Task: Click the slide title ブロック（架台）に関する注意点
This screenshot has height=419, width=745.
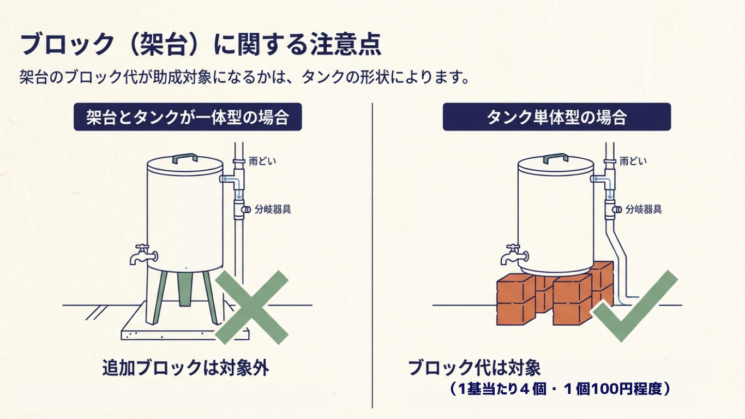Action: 200,45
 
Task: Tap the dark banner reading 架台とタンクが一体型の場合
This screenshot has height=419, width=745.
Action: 188,117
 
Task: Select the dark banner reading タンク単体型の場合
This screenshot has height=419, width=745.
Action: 556,117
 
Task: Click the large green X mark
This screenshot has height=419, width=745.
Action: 251,307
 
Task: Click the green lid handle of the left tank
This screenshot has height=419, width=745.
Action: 185,158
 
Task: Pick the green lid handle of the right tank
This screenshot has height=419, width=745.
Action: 556,158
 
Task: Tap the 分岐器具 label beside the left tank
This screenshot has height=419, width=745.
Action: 273,209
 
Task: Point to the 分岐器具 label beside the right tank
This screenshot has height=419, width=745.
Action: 644,209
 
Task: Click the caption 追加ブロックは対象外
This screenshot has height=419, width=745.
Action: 185,368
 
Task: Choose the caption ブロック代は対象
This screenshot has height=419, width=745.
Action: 474,368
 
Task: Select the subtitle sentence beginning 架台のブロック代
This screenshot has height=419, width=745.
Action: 244,76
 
